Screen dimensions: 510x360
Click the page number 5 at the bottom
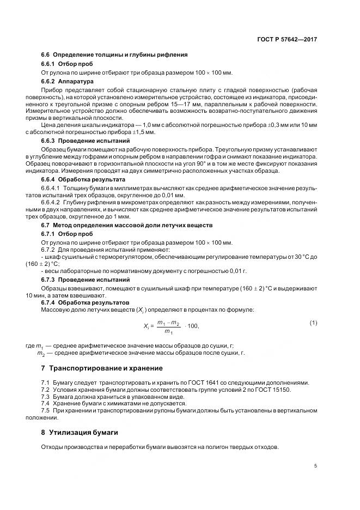click(316, 466)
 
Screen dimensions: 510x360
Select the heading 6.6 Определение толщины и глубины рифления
click(114, 54)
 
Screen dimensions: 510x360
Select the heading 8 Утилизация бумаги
click(80, 433)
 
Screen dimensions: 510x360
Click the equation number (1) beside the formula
click(313, 323)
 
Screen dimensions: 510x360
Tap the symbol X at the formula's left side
click(144, 326)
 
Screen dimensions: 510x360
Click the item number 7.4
click(46, 404)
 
